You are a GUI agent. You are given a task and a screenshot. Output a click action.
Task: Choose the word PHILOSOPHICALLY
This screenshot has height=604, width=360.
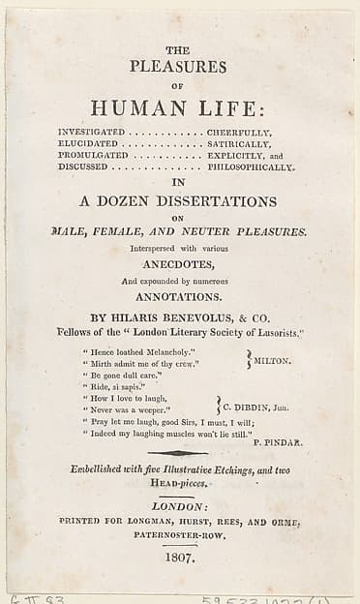pyautogui.click(x=250, y=166)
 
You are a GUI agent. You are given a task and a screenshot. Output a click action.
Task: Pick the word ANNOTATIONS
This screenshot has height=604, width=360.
pyautogui.click(x=179, y=297)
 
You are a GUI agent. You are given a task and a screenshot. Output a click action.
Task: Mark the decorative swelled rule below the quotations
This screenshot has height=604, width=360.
pyautogui.click(x=178, y=453)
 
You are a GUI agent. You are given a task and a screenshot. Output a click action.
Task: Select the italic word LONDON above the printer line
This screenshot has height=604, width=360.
pyautogui.click(x=179, y=506)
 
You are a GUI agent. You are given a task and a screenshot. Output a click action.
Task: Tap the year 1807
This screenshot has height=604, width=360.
pyautogui.click(x=179, y=558)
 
